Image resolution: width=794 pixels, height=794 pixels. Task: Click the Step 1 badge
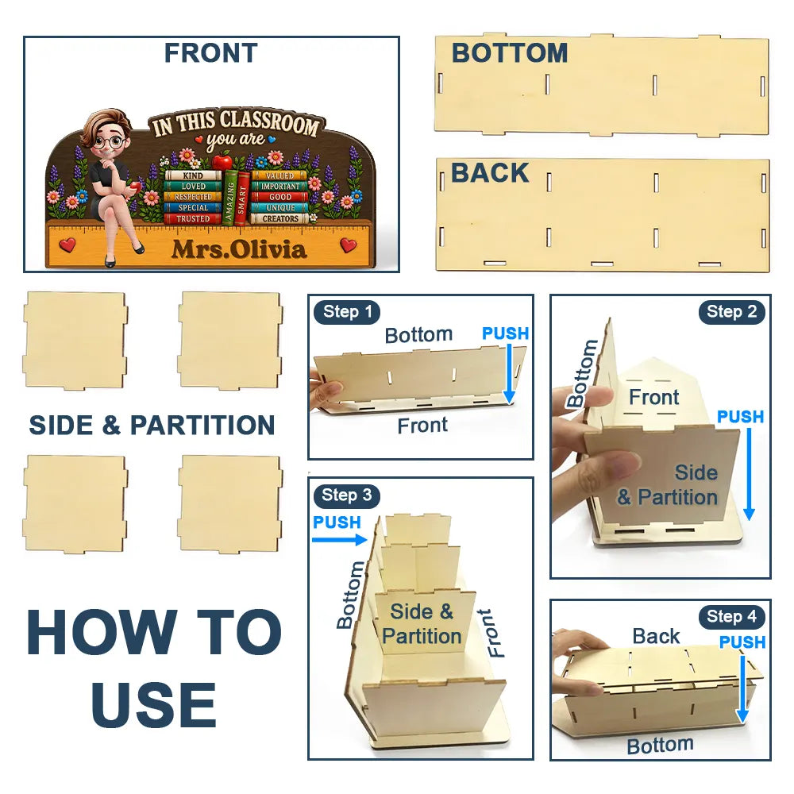point(347,312)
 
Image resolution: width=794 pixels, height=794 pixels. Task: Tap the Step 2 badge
point(732,312)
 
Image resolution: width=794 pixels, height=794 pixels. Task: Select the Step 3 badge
point(347,495)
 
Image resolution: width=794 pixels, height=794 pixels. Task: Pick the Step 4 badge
point(732,617)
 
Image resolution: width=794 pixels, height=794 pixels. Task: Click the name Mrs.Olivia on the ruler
point(239,249)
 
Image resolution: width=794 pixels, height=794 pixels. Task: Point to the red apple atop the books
point(222,163)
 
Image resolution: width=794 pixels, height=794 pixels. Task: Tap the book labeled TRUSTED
point(193,219)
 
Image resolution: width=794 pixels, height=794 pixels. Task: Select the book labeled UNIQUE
point(279,207)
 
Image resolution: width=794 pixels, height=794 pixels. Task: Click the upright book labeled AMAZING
point(229,198)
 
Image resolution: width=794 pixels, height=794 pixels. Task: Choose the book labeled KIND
point(193,175)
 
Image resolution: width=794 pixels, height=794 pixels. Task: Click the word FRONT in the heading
point(211,53)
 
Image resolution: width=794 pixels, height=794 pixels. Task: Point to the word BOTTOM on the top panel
point(510,53)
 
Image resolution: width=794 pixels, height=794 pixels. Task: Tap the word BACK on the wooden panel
point(490,172)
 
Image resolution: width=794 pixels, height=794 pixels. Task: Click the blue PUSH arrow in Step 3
point(339,540)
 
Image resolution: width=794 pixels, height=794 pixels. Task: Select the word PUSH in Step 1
point(505,333)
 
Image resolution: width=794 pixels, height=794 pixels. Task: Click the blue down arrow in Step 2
point(749,475)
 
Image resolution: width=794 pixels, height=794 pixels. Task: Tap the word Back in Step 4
point(656,637)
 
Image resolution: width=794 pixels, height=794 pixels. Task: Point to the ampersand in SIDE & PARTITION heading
point(111,425)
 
